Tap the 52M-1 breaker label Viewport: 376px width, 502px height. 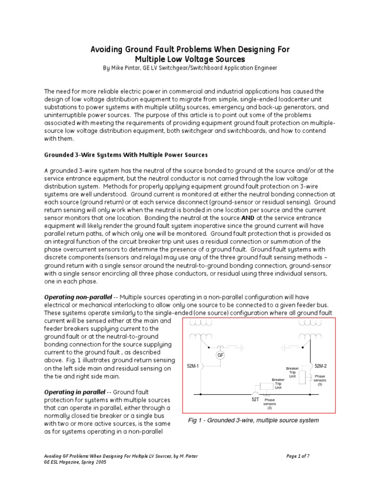click(x=193, y=366)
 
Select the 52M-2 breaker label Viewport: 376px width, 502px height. click(x=321, y=366)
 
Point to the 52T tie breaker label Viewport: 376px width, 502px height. click(x=255, y=400)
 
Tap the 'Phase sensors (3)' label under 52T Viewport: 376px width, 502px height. click(x=270, y=403)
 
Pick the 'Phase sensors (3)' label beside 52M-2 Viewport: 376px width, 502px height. click(x=320, y=380)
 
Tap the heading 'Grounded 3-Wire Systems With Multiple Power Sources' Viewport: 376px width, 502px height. click(x=126, y=154)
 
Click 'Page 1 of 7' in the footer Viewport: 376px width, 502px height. click(x=298, y=456)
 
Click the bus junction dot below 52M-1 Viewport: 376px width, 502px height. click(x=200, y=394)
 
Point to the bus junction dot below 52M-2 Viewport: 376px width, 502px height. click(x=309, y=394)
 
